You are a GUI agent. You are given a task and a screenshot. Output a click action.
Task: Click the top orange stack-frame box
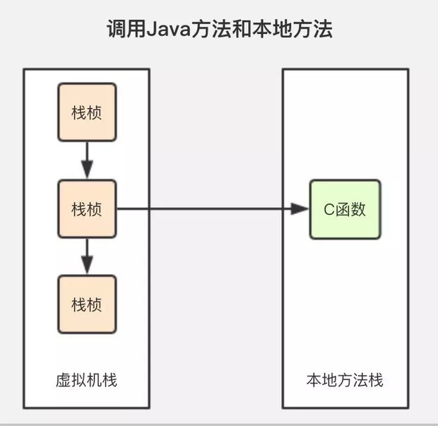pos(86,112)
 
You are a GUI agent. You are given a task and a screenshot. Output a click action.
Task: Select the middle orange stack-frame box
pos(86,208)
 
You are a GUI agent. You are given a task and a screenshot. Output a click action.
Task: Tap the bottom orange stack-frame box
pos(86,304)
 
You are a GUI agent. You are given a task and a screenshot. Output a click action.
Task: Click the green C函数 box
pos(345,208)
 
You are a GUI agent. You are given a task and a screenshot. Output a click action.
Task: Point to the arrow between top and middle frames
pos(86,159)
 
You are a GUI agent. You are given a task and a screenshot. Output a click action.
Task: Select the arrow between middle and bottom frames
pos(86,254)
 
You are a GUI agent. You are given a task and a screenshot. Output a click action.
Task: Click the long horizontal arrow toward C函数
pos(205,209)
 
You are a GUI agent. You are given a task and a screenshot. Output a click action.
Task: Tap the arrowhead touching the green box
pos(300,209)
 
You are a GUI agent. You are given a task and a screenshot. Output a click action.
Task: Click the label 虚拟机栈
pos(86,381)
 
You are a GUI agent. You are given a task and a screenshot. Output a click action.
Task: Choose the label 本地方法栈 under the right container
pos(345,381)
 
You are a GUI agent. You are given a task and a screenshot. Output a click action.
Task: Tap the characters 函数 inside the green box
pos(350,209)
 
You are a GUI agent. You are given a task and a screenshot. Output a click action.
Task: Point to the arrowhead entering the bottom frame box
pos(86,266)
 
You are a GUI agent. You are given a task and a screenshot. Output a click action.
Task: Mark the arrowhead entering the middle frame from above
pos(86,170)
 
